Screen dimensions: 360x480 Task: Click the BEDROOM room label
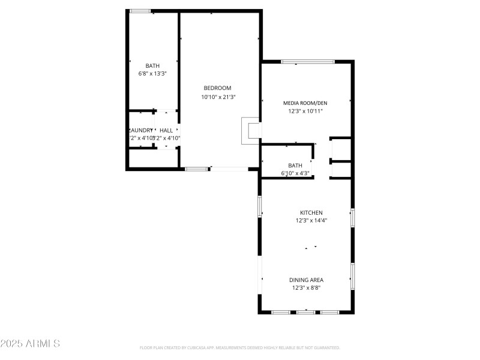[217, 88]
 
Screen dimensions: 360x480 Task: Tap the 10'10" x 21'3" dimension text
[218, 97]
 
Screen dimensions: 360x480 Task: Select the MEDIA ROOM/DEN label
[305, 103]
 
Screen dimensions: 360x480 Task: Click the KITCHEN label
[311, 212]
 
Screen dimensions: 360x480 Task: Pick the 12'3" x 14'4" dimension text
[311, 221]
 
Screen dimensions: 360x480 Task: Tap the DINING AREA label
[307, 280]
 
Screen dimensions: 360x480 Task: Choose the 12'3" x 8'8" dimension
[307, 288]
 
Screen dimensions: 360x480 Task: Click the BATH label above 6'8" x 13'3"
[152, 66]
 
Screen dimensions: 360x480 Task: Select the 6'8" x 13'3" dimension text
[152, 74]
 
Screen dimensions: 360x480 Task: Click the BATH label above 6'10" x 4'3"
[295, 165]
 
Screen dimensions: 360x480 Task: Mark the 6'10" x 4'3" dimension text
[295, 173]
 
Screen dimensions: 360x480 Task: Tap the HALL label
[166, 130]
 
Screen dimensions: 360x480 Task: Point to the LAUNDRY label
[141, 130]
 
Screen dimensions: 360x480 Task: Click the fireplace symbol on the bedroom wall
[250, 130]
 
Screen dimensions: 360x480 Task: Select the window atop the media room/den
[308, 61]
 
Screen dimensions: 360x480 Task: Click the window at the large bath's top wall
[140, 11]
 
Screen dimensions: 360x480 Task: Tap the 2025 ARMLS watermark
[30, 344]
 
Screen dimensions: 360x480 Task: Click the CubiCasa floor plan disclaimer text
[239, 347]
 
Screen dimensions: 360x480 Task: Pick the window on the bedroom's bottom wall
[196, 169]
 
